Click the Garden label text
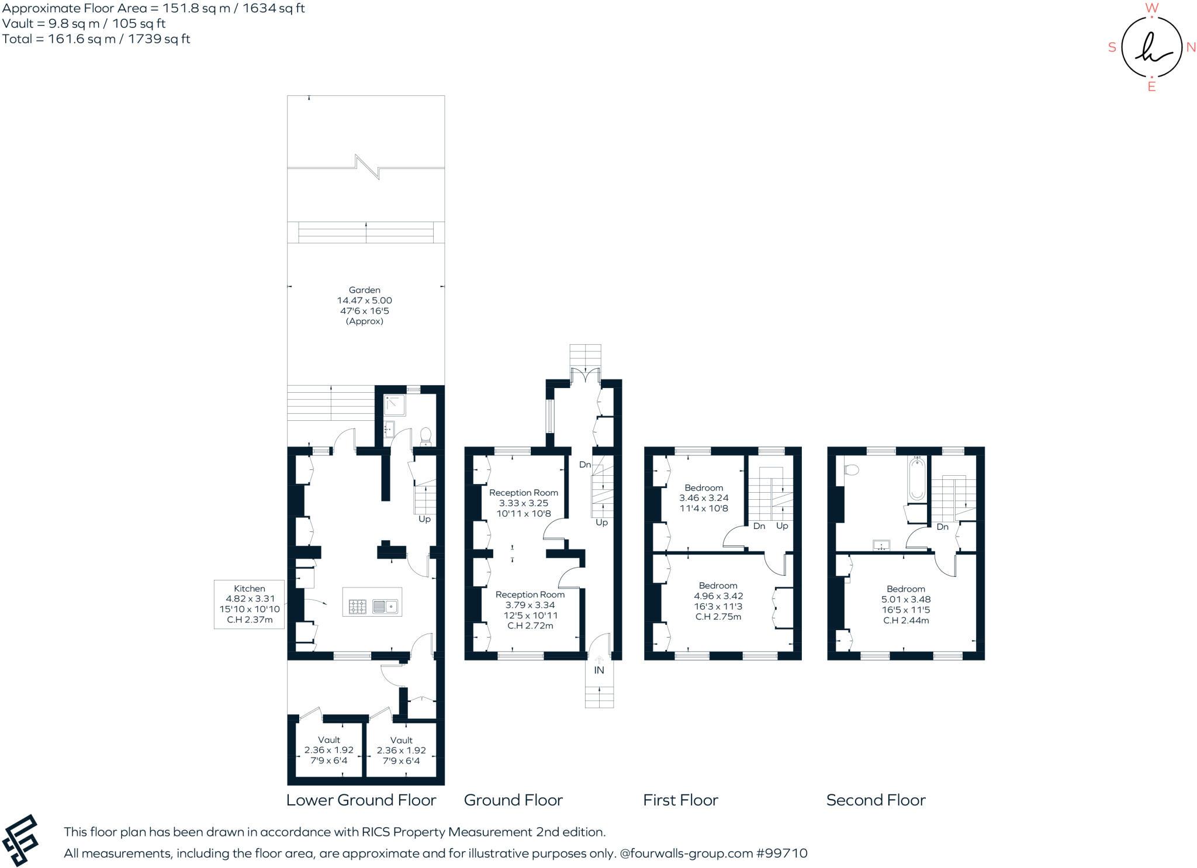click(x=365, y=290)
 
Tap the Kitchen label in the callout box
click(x=250, y=589)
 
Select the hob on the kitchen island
click(x=358, y=607)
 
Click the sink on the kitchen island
click(x=385, y=607)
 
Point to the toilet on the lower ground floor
click(x=426, y=436)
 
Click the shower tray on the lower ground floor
click(x=395, y=404)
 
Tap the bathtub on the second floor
click(x=917, y=479)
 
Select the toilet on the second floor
click(x=852, y=469)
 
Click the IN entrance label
click(x=599, y=670)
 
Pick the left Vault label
click(x=329, y=740)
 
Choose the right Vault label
click(x=402, y=740)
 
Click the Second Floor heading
click(x=876, y=800)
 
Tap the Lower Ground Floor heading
click(x=361, y=800)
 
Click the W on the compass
click(x=1151, y=8)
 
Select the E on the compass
click(x=1151, y=87)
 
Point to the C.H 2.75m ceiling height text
click(x=718, y=617)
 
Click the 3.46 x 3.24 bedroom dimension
click(x=704, y=498)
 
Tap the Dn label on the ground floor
click(x=585, y=465)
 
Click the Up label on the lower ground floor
click(x=424, y=519)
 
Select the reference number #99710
click(x=782, y=853)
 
